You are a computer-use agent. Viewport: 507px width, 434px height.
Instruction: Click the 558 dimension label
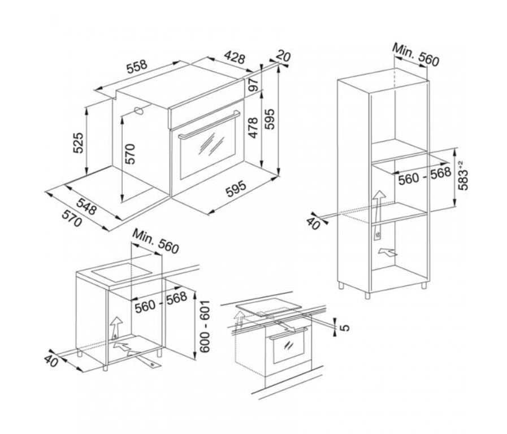pyautogui.click(x=137, y=67)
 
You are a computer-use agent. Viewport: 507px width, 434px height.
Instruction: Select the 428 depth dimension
pyautogui.click(x=235, y=58)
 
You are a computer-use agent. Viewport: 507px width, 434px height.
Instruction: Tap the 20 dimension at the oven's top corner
pyautogui.click(x=284, y=57)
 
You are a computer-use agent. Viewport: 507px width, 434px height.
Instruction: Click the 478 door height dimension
pyautogui.click(x=253, y=128)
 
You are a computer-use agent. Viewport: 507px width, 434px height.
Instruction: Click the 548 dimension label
pyautogui.click(x=86, y=206)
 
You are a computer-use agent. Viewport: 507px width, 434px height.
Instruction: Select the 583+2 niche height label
pyautogui.click(x=463, y=175)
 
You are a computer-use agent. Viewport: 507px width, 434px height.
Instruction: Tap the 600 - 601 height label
pyautogui.click(x=205, y=327)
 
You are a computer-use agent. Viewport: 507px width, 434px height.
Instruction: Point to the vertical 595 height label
pyautogui.click(x=270, y=119)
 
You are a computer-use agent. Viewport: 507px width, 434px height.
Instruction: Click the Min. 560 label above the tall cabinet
pyautogui.click(x=415, y=54)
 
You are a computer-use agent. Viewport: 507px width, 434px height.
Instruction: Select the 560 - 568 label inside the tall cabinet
pyautogui.click(x=424, y=176)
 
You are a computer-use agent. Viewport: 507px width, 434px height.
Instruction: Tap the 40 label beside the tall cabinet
pyautogui.click(x=313, y=224)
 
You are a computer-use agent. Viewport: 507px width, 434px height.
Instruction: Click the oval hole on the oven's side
pyautogui.click(x=138, y=111)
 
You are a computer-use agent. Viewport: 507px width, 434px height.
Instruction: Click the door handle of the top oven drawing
pyautogui.click(x=210, y=124)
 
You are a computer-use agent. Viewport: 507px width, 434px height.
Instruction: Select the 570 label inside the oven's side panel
pyautogui.click(x=130, y=154)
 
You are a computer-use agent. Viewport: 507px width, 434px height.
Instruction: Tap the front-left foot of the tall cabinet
pyautogui.click(x=367, y=296)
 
